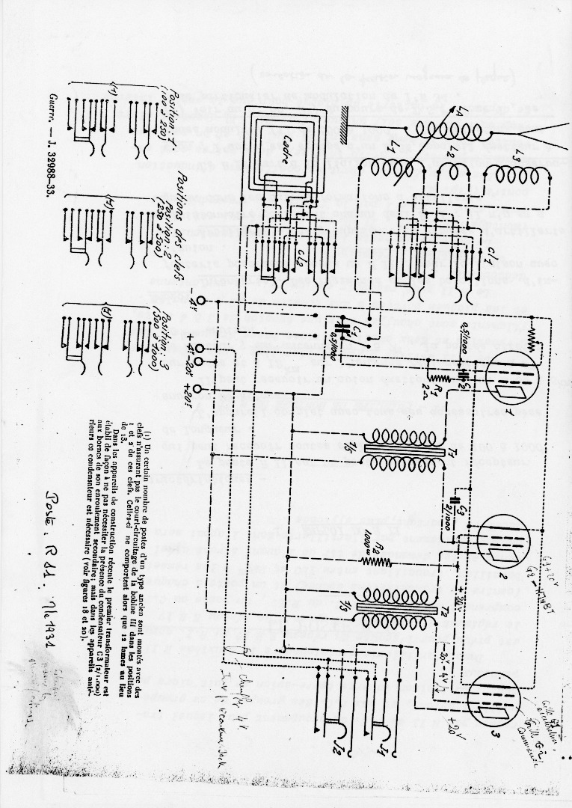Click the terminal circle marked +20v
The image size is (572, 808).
coord(197,390)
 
